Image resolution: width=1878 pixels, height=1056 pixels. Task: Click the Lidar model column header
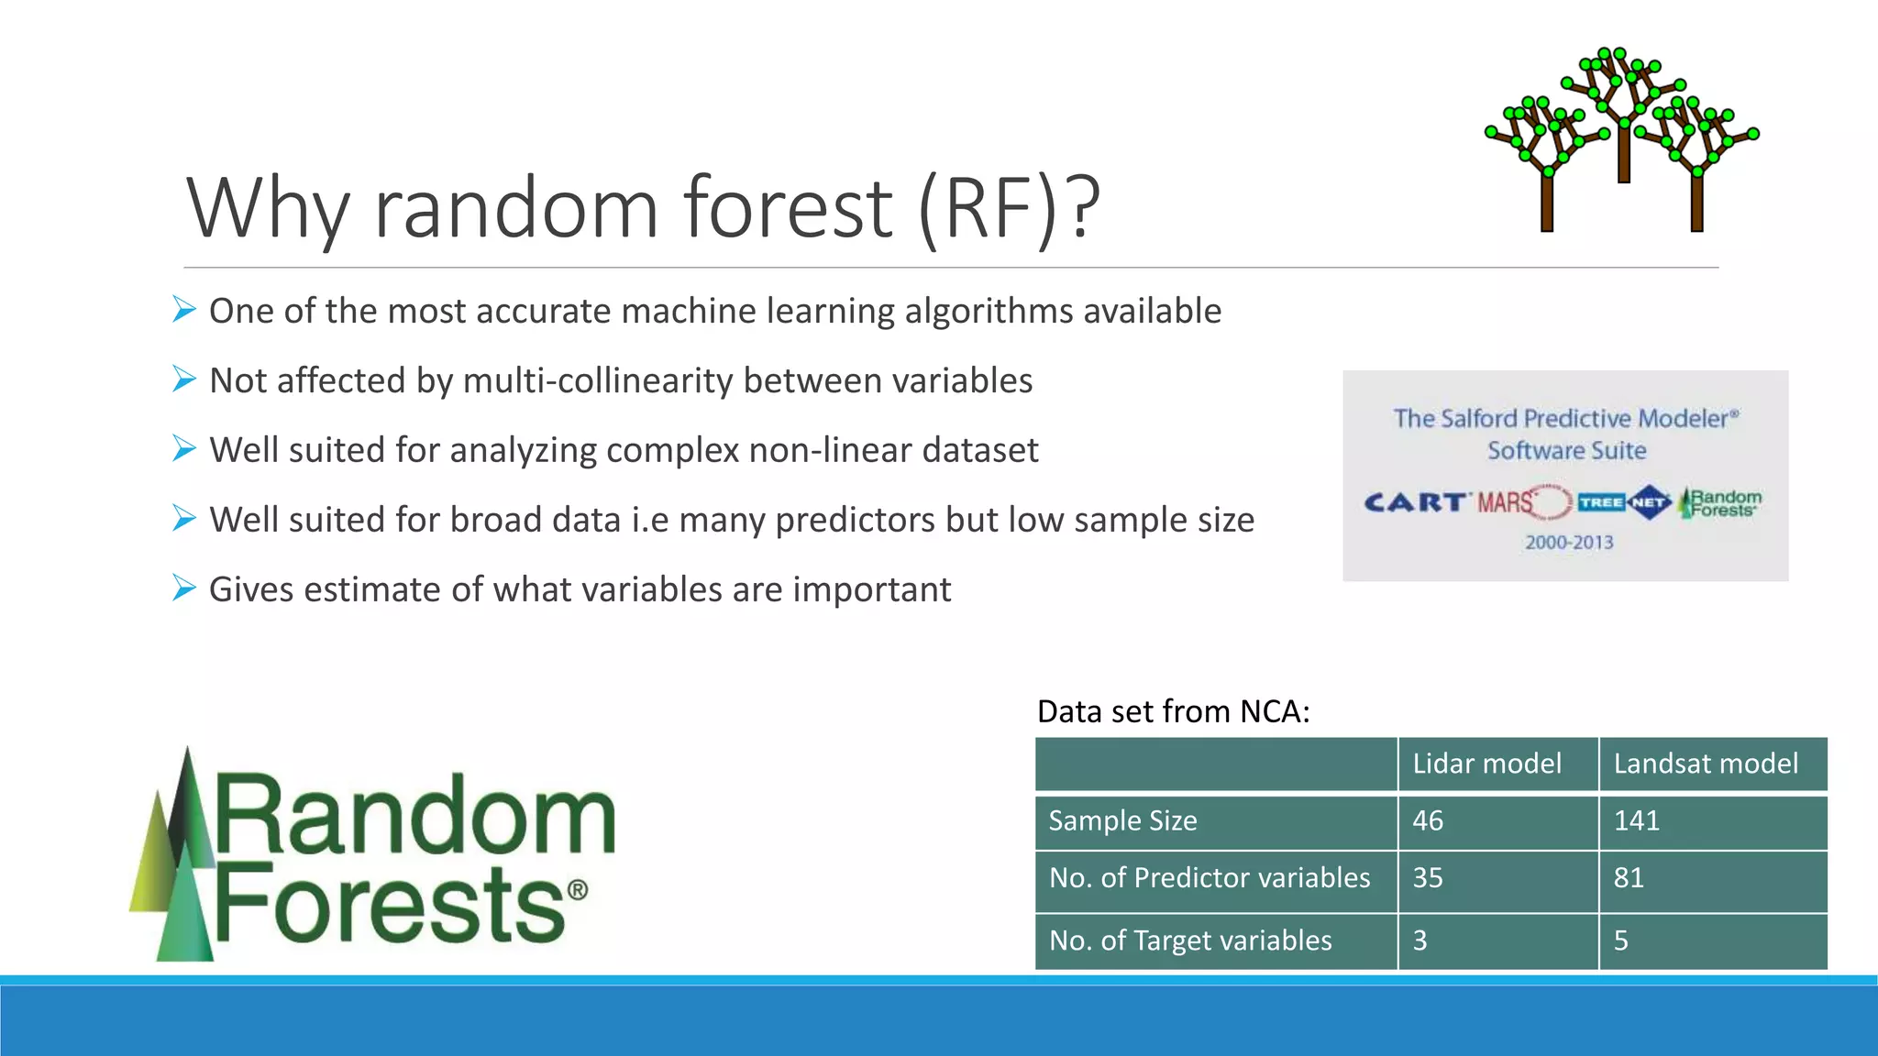(1486, 764)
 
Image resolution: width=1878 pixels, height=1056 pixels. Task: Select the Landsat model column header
(1706, 764)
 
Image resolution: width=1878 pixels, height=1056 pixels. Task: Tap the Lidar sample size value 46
(1428, 820)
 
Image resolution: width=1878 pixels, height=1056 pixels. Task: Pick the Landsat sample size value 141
(1636, 820)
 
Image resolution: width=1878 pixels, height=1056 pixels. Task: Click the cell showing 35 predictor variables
(1428, 878)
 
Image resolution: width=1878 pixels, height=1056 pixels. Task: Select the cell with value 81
(1629, 878)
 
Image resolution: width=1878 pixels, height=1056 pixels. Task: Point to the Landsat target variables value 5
(1621, 940)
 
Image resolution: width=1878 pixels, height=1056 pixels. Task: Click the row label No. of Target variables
(1190, 940)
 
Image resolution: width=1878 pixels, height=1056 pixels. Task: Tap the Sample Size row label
(1122, 820)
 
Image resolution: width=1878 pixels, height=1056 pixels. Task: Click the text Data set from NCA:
(1173, 711)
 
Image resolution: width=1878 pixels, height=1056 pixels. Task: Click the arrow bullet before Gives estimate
(184, 588)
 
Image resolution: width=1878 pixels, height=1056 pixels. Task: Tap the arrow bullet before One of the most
(184, 310)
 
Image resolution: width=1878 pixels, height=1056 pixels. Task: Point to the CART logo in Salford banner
(1415, 502)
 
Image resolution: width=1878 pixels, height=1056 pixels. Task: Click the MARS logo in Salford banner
(1505, 502)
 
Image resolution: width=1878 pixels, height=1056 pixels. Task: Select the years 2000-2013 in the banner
(1569, 543)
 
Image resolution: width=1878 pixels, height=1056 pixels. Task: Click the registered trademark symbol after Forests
(577, 890)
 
